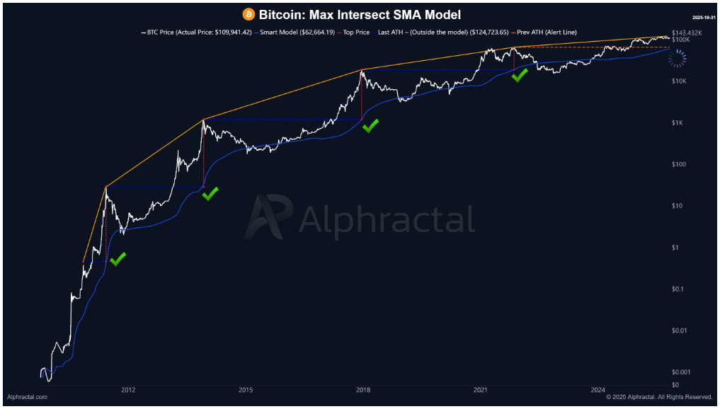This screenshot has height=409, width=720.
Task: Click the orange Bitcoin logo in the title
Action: click(x=248, y=14)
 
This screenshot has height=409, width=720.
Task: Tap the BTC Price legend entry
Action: click(x=201, y=32)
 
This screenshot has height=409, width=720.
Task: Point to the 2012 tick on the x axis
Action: click(x=128, y=390)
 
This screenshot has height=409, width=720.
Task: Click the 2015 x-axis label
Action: click(x=246, y=390)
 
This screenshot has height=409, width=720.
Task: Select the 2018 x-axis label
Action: click(x=363, y=390)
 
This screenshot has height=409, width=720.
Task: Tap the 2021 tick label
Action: click(x=481, y=390)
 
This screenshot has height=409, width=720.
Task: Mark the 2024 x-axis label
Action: click(x=598, y=390)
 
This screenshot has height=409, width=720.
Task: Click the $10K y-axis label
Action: click(x=680, y=81)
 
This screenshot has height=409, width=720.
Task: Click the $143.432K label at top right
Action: click(x=687, y=33)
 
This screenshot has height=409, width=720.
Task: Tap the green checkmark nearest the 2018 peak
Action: click(x=370, y=126)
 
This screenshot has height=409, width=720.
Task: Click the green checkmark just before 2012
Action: click(x=118, y=260)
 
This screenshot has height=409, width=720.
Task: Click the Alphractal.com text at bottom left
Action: click(x=27, y=398)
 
